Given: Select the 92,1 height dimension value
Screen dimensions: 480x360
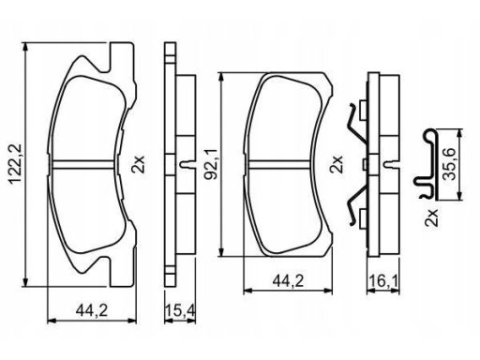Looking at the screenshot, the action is [x=210, y=164].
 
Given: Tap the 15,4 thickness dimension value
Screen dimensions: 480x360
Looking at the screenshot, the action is [x=180, y=310].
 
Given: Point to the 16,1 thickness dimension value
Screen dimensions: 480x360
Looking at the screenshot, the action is [x=383, y=281].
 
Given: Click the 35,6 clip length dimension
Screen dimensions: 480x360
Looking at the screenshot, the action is [x=450, y=163].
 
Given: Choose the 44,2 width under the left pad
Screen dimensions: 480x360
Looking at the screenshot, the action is [x=92, y=310].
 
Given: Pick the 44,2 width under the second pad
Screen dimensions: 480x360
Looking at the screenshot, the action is [x=288, y=281].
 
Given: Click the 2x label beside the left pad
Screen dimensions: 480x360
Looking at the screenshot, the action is [x=138, y=164].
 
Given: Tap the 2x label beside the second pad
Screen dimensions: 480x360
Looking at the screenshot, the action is [x=337, y=164].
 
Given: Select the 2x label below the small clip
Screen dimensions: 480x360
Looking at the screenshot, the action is [x=431, y=217].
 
